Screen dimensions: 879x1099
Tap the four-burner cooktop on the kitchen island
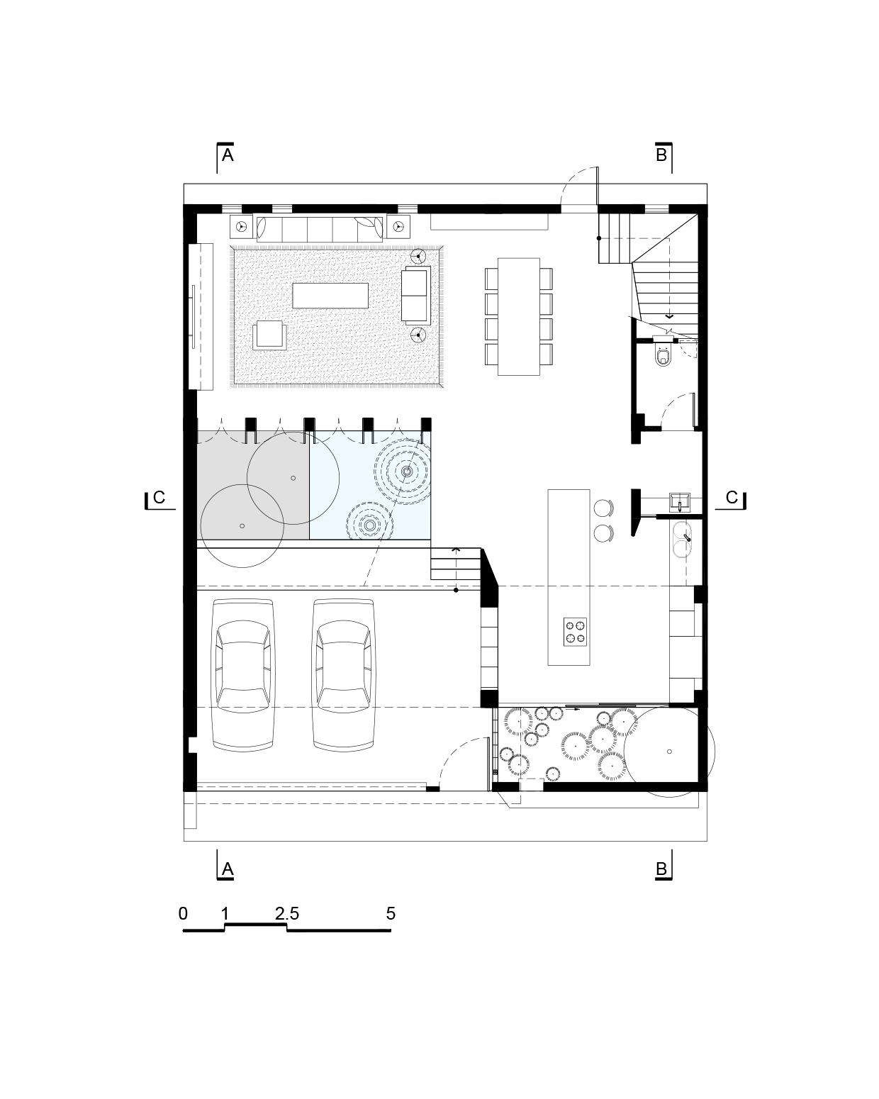coord(575,631)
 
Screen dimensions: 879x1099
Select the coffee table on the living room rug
coord(330,296)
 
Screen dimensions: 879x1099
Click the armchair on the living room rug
coord(269,335)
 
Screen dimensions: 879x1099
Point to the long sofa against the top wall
coord(320,229)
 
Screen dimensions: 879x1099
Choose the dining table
coord(518,317)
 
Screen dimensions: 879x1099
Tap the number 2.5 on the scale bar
coord(286,914)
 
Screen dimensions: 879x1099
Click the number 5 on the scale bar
coord(391,914)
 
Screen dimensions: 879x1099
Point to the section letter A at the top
coord(228,155)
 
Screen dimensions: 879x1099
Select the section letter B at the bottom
coord(661,869)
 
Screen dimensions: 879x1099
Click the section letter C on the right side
coord(732,498)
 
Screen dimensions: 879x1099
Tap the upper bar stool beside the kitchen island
coord(603,508)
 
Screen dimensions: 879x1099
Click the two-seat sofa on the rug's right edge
coord(415,295)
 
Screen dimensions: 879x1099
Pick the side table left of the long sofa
coord(242,226)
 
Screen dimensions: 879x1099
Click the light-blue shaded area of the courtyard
coord(370,485)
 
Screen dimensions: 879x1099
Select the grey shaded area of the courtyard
coord(253,485)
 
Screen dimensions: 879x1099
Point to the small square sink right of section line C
coord(679,501)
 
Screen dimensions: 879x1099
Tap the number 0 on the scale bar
coord(183,914)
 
